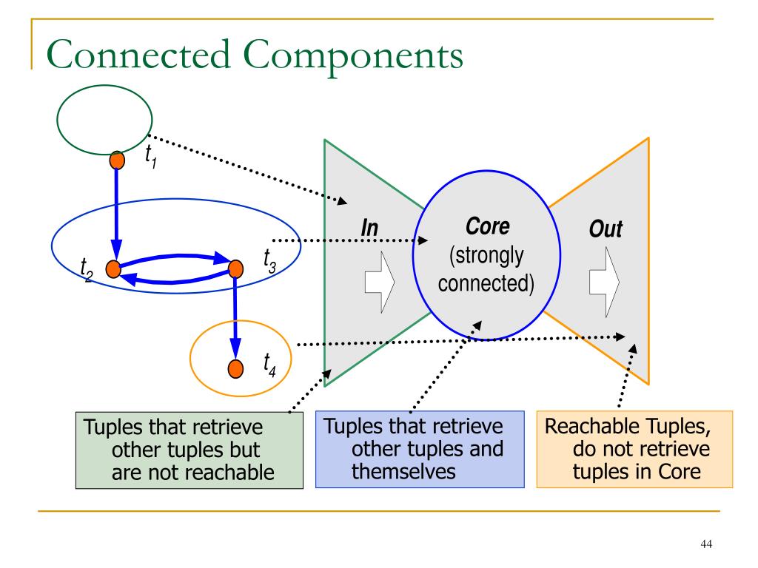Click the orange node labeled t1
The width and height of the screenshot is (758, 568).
click(117, 160)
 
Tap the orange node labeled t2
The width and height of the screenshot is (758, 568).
click(113, 269)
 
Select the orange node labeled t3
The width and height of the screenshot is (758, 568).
click(235, 269)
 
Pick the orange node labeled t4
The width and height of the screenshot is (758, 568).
click(235, 368)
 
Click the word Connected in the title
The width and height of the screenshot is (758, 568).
click(138, 54)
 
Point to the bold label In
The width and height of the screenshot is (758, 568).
click(370, 228)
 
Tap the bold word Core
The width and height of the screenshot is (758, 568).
click(487, 226)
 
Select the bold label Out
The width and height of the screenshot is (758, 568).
click(606, 229)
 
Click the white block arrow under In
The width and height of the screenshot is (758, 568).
click(380, 282)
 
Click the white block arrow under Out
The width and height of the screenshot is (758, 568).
click(604, 282)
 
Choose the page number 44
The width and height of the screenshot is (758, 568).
click(706, 544)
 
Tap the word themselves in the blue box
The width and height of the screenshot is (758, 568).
click(403, 471)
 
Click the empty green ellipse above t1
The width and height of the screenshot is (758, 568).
click(104, 86)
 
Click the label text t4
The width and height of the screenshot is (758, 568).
click(269, 365)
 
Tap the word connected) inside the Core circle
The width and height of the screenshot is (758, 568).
click(486, 283)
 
